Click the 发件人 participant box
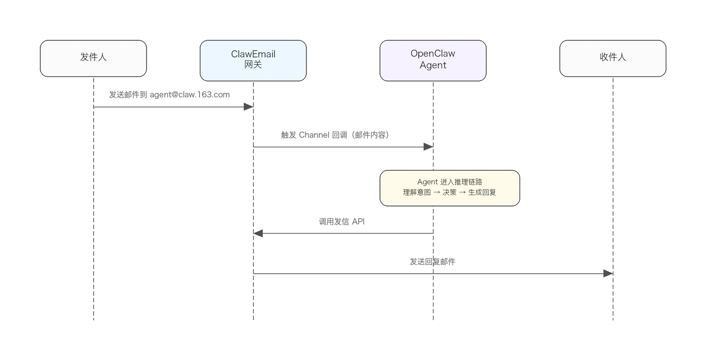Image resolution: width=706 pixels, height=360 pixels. click(x=93, y=58)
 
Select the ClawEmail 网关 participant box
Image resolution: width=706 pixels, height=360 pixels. click(x=253, y=60)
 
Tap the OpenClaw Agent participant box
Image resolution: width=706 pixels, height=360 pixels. click(x=433, y=60)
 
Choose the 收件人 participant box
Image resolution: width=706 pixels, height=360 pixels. click(x=612, y=58)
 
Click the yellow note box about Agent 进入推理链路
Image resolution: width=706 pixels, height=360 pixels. click(x=450, y=188)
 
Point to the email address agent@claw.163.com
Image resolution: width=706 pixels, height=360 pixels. click(x=190, y=95)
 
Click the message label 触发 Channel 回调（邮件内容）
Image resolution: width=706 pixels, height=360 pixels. click(x=335, y=135)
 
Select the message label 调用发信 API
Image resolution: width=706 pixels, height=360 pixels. click(x=342, y=222)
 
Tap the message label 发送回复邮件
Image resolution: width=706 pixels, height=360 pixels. click(x=432, y=262)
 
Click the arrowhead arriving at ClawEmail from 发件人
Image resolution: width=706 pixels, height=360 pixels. click(x=249, y=106)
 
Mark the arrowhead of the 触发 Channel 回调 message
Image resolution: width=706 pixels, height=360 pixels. click(x=428, y=147)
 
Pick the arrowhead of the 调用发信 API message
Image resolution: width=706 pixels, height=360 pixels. click(x=258, y=233)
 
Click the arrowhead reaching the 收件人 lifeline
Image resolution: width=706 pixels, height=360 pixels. click(x=608, y=274)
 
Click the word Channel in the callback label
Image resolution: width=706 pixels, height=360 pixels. click(x=314, y=135)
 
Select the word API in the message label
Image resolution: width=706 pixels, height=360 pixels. click(x=358, y=222)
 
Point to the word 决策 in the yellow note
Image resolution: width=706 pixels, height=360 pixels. click(x=450, y=193)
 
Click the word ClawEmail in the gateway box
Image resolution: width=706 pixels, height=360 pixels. click(x=253, y=54)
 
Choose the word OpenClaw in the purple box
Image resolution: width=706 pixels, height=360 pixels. click(x=433, y=54)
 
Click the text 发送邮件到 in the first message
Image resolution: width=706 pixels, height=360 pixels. click(x=128, y=95)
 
